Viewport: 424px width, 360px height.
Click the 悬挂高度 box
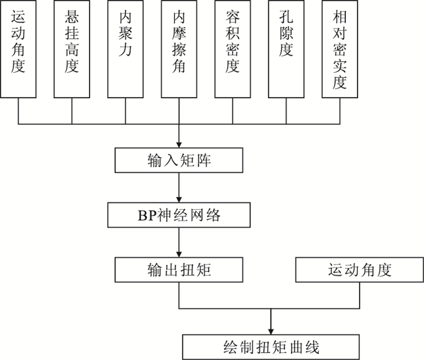(x=71, y=49)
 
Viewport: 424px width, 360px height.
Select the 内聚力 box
(x=125, y=49)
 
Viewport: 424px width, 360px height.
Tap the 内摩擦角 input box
(x=179, y=49)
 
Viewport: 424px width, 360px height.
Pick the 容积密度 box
(x=233, y=49)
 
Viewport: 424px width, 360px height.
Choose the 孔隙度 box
(x=286, y=49)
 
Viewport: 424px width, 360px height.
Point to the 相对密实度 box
(x=340, y=49)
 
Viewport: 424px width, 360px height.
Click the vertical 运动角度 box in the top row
(x=18, y=49)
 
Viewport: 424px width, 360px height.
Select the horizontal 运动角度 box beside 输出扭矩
(x=359, y=270)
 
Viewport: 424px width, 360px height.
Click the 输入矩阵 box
(x=179, y=160)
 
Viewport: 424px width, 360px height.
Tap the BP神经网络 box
(x=179, y=215)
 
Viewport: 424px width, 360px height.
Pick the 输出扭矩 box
(x=179, y=270)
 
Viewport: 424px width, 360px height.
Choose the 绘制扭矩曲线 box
(x=271, y=347)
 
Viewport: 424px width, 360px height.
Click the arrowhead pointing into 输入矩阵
(x=179, y=145)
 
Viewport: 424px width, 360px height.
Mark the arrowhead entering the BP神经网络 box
(x=179, y=199)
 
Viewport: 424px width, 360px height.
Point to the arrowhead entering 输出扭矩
(x=179, y=255)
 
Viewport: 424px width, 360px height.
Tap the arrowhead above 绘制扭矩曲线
(x=271, y=332)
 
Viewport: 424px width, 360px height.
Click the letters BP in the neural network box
(x=147, y=216)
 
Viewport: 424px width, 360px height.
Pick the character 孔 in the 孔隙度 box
(x=286, y=17)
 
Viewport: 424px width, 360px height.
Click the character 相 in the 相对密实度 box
(x=340, y=17)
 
